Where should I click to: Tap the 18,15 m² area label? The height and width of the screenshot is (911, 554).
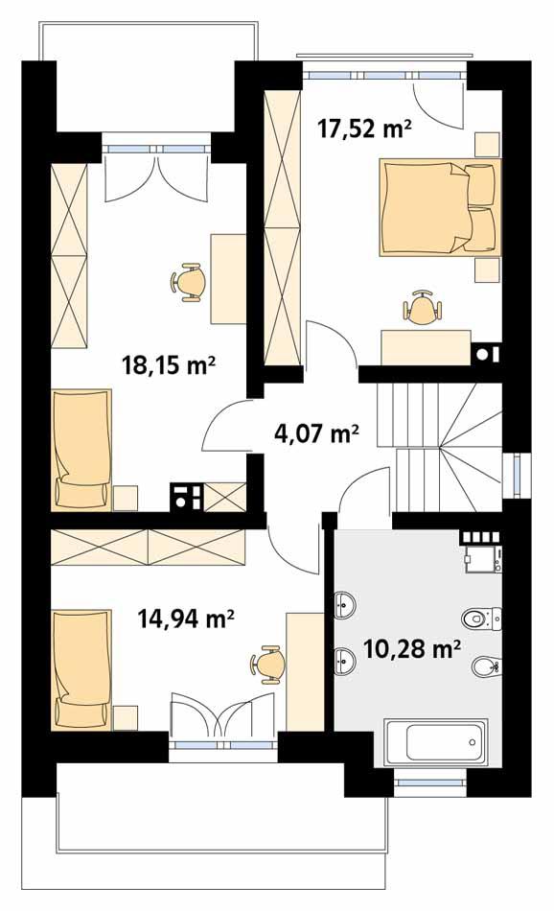pyautogui.click(x=168, y=364)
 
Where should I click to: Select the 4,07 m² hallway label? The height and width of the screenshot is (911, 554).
pyautogui.click(x=316, y=433)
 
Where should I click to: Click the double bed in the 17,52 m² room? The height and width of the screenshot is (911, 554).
pyautogui.click(x=439, y=206)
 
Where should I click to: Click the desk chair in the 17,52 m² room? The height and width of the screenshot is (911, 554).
pyautogui.click(x=423, y=308)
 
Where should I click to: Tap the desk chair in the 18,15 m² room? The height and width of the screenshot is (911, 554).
pyautogui.click(x=188, y=281)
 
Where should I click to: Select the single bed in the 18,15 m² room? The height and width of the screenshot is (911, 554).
pyautogui.click(x=81, y=449)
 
